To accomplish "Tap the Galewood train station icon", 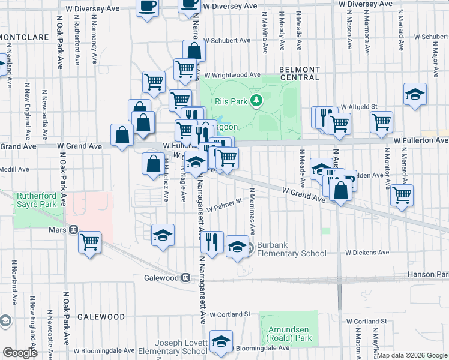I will coord(186,278).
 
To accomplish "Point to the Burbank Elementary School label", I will coord(292,250).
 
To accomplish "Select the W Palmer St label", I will coord(224,206).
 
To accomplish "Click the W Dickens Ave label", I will coord(367,253).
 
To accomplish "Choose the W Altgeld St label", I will coord(358,106).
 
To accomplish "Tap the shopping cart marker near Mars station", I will coord(89,242).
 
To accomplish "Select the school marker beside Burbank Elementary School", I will coord(238,246).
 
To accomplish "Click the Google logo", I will coord(20,353).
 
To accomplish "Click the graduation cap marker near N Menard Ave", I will coord(415,94).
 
